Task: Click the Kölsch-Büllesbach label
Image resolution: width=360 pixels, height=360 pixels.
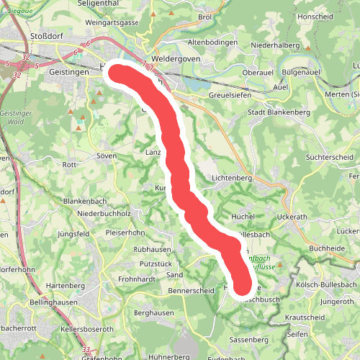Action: [326, 284]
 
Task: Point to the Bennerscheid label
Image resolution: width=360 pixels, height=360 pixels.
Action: [192, 291]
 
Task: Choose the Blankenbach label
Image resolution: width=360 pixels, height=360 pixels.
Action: [86, 201]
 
